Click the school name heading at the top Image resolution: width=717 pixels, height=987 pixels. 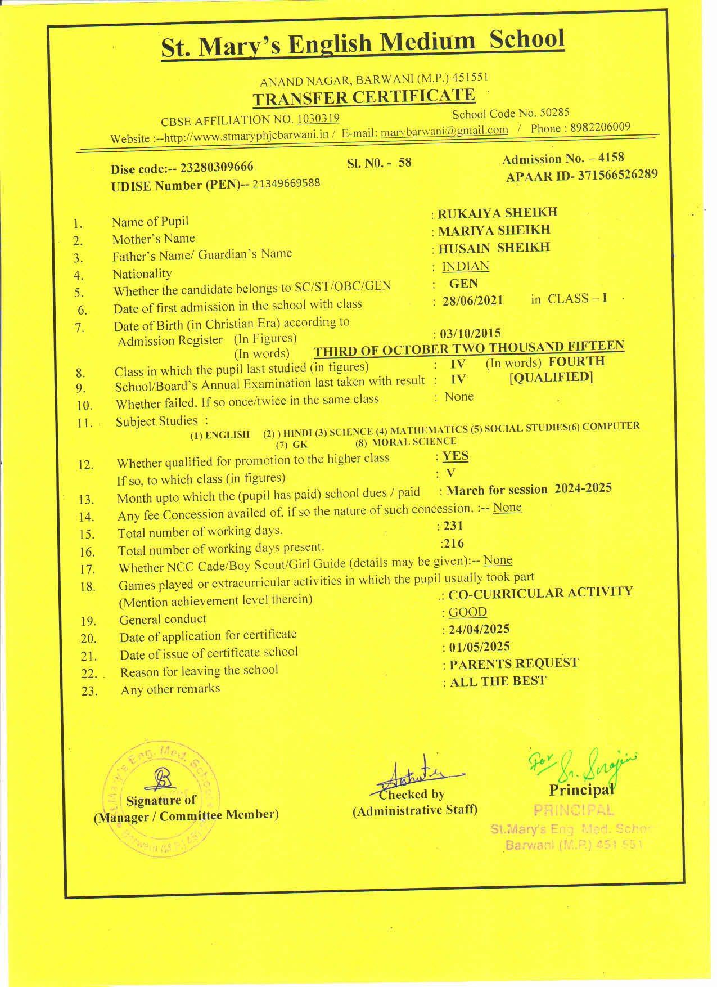click(x=363, y=43)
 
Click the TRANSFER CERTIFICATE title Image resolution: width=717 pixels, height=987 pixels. click(x=364, y=97)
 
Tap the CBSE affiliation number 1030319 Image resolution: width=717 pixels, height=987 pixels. click(x=318, y=118)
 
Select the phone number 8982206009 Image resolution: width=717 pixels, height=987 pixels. click(x=600, y=127)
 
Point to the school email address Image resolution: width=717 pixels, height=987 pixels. click(x=444, y=131)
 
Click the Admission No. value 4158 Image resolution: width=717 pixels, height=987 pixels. click(x=611, y=158)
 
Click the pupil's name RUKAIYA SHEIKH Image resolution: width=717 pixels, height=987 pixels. click(x=497, y=213)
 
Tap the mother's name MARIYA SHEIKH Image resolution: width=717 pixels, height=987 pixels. click(x=494, y=230)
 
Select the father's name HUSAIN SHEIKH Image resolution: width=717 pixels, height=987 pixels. click(x=494, y=248)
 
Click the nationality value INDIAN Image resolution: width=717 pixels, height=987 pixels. click(x=465, y=266)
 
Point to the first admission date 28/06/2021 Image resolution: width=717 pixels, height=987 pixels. click(x=472, y=300)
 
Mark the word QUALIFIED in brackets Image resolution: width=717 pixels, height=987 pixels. click(x=551, y=377)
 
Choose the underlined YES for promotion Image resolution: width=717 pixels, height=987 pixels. click(x=455, y=456)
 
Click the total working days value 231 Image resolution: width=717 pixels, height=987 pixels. click(x=453, y=526)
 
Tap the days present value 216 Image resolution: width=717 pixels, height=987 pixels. click(x=453, y=543)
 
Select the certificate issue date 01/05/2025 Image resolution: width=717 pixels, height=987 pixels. click(x=479, y=647)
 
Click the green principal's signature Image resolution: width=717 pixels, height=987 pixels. click(x=585, y=765)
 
